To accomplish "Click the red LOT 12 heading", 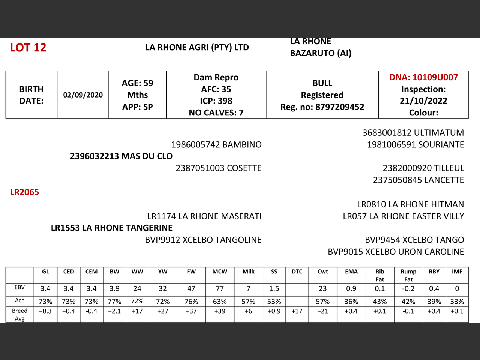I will (28, 48).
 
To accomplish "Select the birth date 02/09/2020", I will (83, 95).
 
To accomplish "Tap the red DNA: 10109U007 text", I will (423, 77).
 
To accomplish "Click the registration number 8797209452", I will (340, 107).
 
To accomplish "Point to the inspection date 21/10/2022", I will (423, 101).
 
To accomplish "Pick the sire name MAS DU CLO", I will (121, 156).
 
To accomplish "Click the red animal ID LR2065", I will (24, 192).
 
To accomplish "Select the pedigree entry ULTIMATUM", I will (413, 133).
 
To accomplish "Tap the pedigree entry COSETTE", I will (218, 168).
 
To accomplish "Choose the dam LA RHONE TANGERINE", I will (112, 228).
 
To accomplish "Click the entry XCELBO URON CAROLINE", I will (396, 252).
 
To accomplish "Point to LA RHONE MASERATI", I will (204, 216).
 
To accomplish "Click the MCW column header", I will (220, 271).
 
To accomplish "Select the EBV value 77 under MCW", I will (220, 288).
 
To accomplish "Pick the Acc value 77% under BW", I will (114, 301).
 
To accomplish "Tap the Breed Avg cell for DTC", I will (297, 311).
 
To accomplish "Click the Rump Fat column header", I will (408, 275).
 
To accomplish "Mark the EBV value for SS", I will (274, 288).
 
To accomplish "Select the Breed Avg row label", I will (19, 314).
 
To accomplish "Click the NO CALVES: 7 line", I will (216, 112).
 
